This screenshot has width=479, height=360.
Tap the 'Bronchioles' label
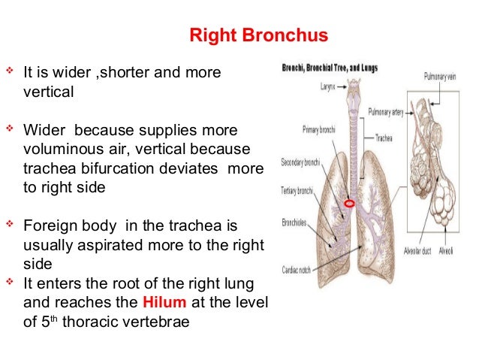pyautogui.click(x=298, y=222)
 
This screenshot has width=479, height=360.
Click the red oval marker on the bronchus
pyautogui.click(x=348, y=204)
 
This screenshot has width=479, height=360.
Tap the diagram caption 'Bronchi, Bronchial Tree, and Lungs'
pyautogui.click(x=330, y=68)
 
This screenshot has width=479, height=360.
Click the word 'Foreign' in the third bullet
pyautogui.click(x=49, y=225)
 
